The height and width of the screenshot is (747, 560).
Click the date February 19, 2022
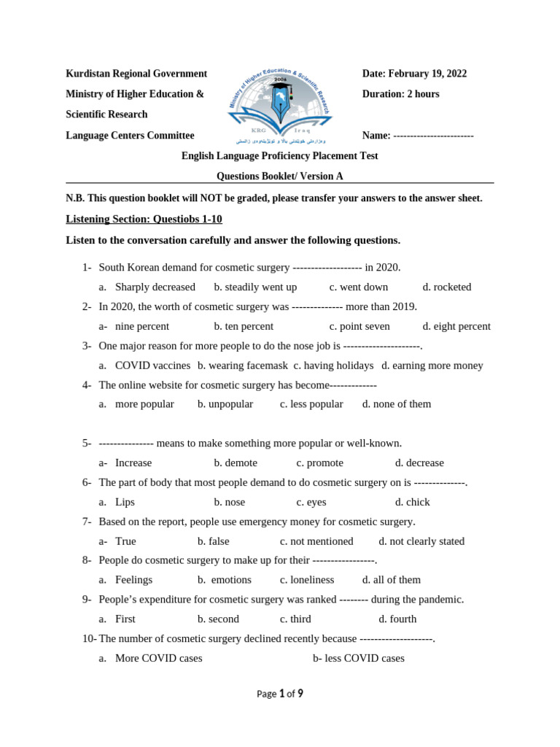[414, 74]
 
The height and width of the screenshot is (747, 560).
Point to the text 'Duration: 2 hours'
[400, 94]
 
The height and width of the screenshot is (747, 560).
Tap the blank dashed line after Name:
[434, 136]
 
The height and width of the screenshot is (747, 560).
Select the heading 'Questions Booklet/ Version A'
[279, 176]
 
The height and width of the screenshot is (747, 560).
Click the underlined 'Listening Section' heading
[144, 219]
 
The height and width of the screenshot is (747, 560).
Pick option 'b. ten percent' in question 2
[244, 326]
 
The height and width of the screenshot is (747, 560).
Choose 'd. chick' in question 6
[412, 502]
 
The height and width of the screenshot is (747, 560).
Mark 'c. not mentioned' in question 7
[316, 541]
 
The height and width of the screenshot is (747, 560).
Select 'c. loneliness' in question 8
[307, 579]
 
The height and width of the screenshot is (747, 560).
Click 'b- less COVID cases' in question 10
[358, 658]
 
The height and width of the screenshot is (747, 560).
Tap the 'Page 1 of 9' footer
[279, 694]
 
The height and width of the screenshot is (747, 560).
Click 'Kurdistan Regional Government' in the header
[136, 74]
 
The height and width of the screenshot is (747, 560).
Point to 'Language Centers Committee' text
[130, 135]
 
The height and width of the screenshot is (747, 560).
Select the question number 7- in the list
[87, 522]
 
